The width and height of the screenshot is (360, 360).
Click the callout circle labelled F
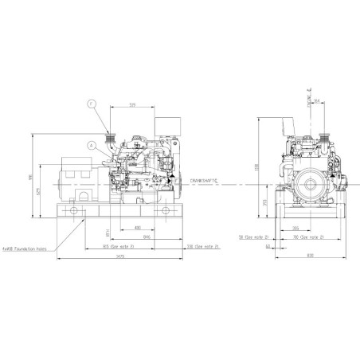(x=91, y=104)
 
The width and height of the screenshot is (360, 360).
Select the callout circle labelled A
(x=92, y=145)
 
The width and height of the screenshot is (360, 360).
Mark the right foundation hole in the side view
(x=166, y=209)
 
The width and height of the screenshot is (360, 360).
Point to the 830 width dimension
(x=309, y=256)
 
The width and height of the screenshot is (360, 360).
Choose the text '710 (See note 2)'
(x=319, y=237)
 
